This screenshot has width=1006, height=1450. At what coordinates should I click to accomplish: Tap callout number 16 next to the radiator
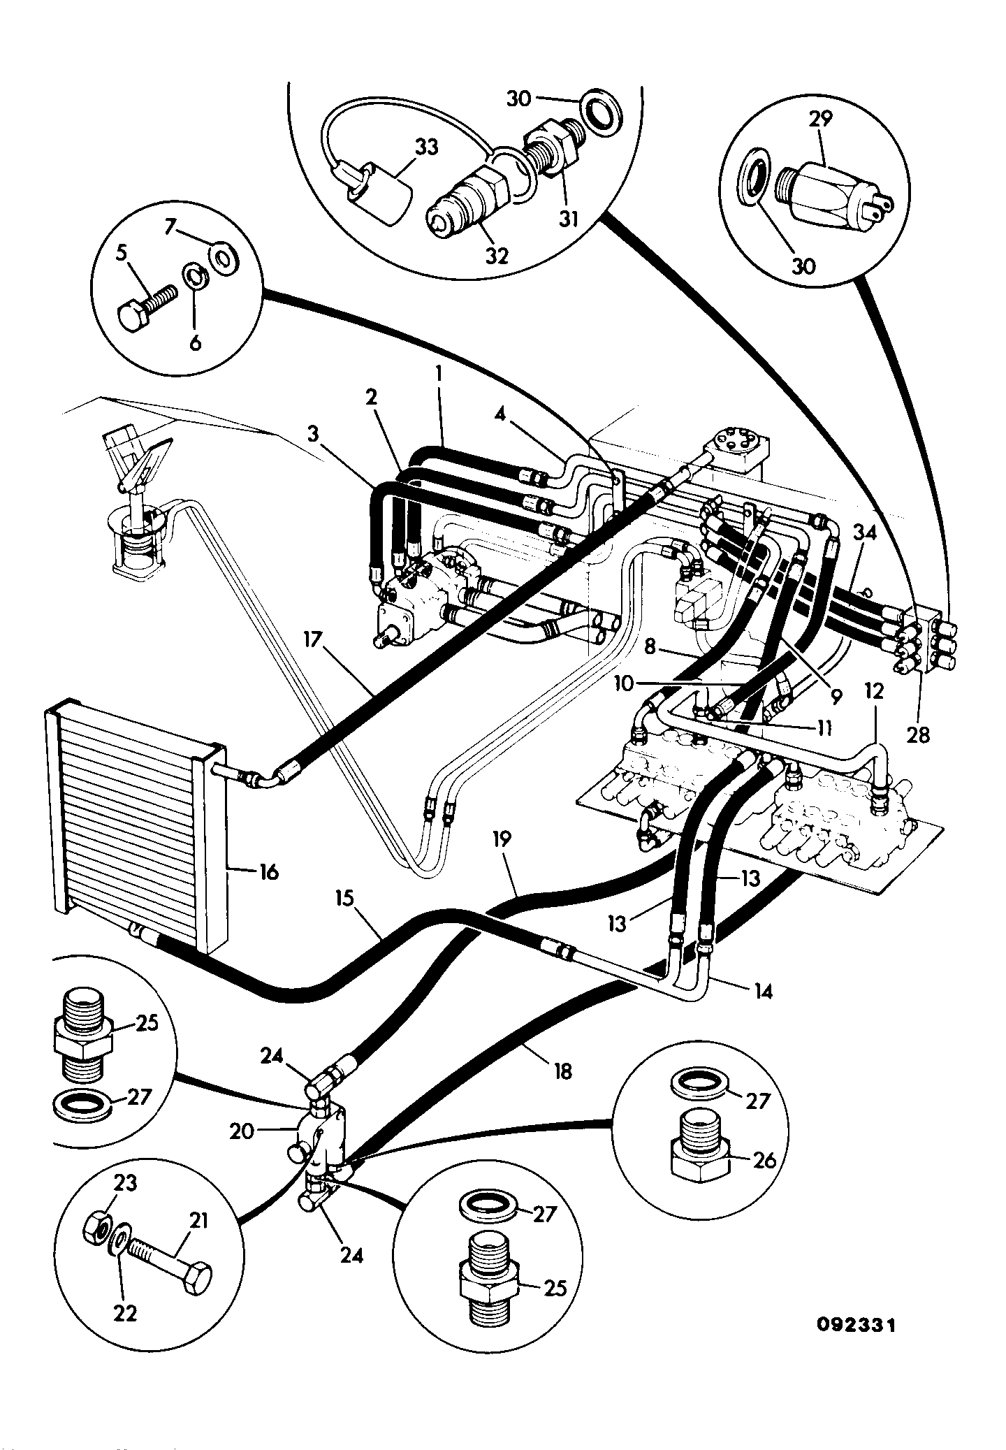[x=268, y=871]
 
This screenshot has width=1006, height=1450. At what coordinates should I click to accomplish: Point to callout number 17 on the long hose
[x=315, y=639]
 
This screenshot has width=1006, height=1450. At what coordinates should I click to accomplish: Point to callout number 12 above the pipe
[x=873, y=691]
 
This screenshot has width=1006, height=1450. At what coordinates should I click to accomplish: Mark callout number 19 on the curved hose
[x=502, y=839]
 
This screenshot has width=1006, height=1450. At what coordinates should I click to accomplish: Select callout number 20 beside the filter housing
[x=242, y=1130]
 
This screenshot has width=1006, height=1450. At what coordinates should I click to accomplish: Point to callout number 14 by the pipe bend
[x=764, y=990]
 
